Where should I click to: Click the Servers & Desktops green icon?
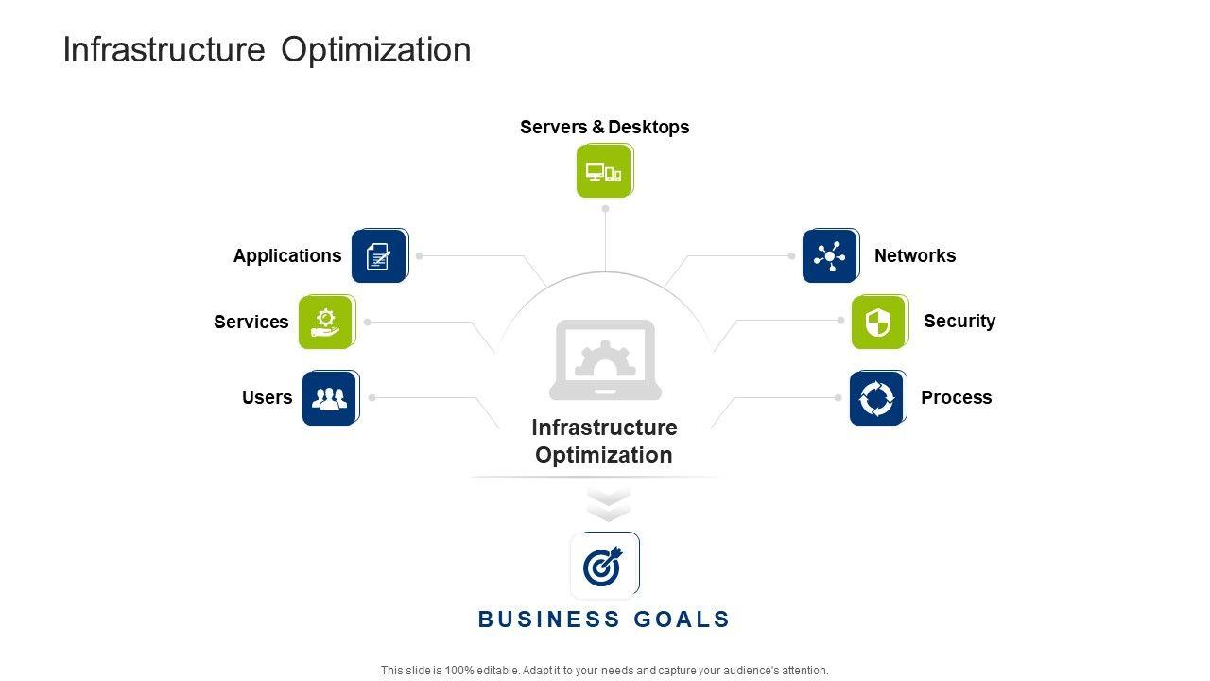[604, 171]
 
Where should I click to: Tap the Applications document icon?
[378, 255]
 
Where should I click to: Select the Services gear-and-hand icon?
[325, 322]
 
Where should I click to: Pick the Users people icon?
[329, 398]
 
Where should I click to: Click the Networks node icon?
[830, 255]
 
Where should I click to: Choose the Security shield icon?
[878, 322]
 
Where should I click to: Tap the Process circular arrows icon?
[876, 398]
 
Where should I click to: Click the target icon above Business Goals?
[604, 566]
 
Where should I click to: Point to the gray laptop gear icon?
[605, 359]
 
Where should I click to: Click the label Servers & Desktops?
[604, 127]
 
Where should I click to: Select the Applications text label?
[287, 255]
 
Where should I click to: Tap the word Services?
[251, 322]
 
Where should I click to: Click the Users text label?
[267, 397]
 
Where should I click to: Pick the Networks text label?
[914, 255]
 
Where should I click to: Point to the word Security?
[959, 321]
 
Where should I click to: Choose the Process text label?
[956, 397]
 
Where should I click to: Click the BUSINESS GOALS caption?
[604, 620]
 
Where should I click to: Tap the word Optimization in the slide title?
[375, 49]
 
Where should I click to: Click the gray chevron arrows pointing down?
[608, 504]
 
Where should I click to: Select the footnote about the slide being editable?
[604, 670]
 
